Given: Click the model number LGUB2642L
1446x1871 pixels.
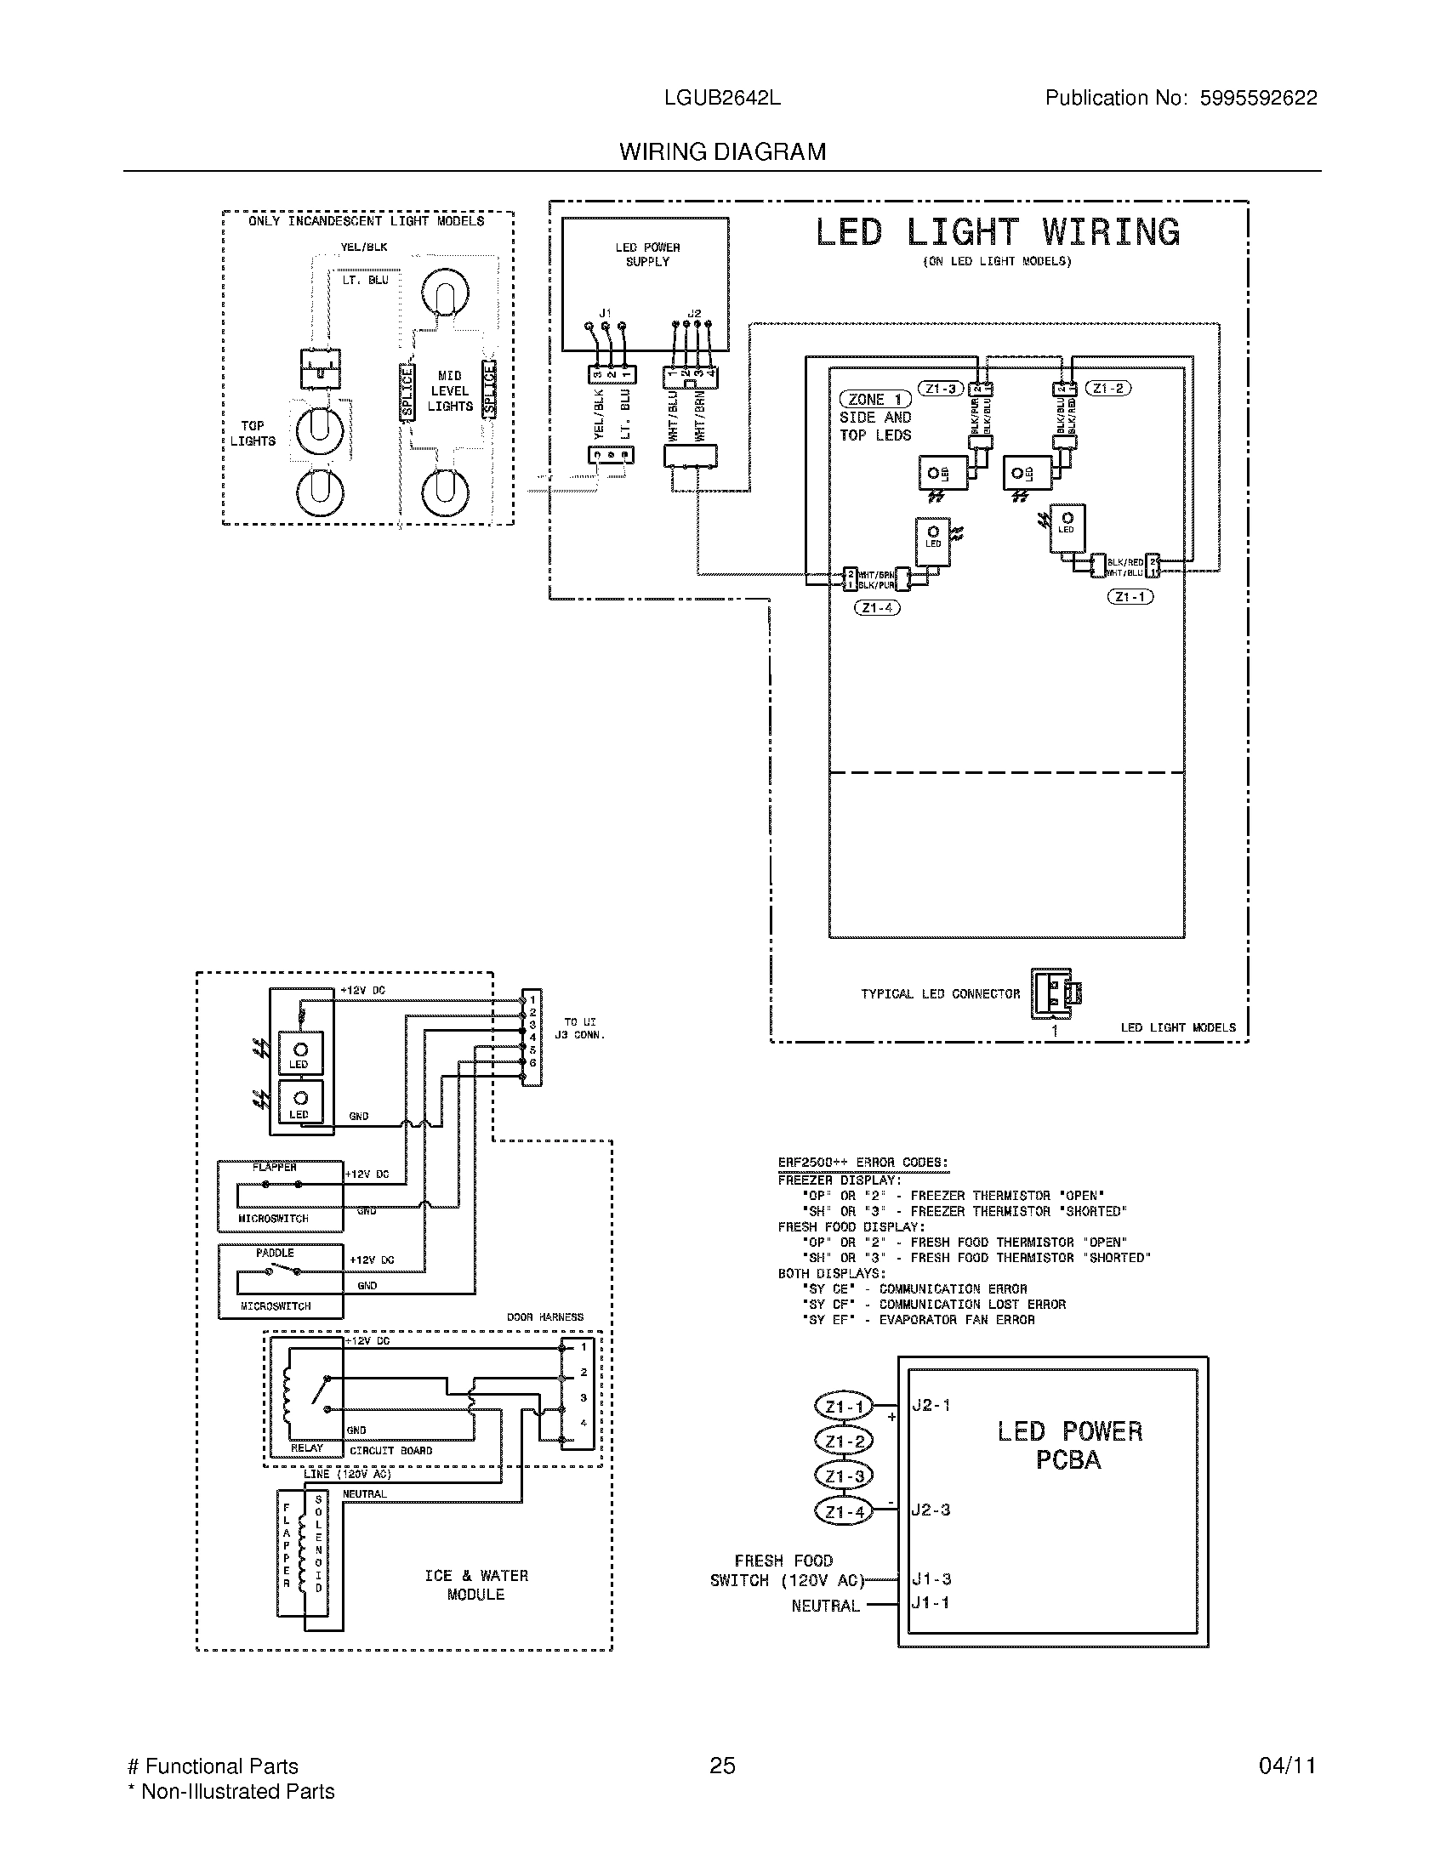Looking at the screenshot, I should click(722, 99).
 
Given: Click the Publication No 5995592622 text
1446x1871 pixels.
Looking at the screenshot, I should click(1181, 99).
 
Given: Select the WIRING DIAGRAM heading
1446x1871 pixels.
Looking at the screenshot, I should click(722, 152).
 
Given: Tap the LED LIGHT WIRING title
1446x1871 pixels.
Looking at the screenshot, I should click(997, 233).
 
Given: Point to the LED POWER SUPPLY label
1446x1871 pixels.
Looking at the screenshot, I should click(646, 254).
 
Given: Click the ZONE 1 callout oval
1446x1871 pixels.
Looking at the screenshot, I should click(874, 399).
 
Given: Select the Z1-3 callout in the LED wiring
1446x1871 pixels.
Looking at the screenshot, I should click(941, 389).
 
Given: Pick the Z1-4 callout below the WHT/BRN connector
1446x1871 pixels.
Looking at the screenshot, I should click(877, 608).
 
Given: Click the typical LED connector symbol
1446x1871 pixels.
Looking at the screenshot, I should click(1055, 993).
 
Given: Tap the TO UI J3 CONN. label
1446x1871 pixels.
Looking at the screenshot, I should click(579, 1028).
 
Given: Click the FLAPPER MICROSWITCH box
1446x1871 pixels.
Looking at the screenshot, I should click(280, 1196).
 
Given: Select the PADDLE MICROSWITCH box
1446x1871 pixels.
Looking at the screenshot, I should click(280, 1282).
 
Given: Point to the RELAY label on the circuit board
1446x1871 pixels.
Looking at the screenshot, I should click(307, 1448).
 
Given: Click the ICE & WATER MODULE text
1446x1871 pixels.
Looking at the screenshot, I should click(476, 1585).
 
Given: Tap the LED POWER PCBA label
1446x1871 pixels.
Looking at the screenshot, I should click(1069, 1445).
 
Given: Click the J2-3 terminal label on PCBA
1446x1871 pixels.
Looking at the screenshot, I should click(931, 1510).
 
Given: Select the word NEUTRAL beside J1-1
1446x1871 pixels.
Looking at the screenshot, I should click(825, 1607).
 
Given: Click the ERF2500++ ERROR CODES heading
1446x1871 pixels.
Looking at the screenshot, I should click(862, 1163).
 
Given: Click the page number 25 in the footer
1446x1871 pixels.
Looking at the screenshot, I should click(722, 1766).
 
